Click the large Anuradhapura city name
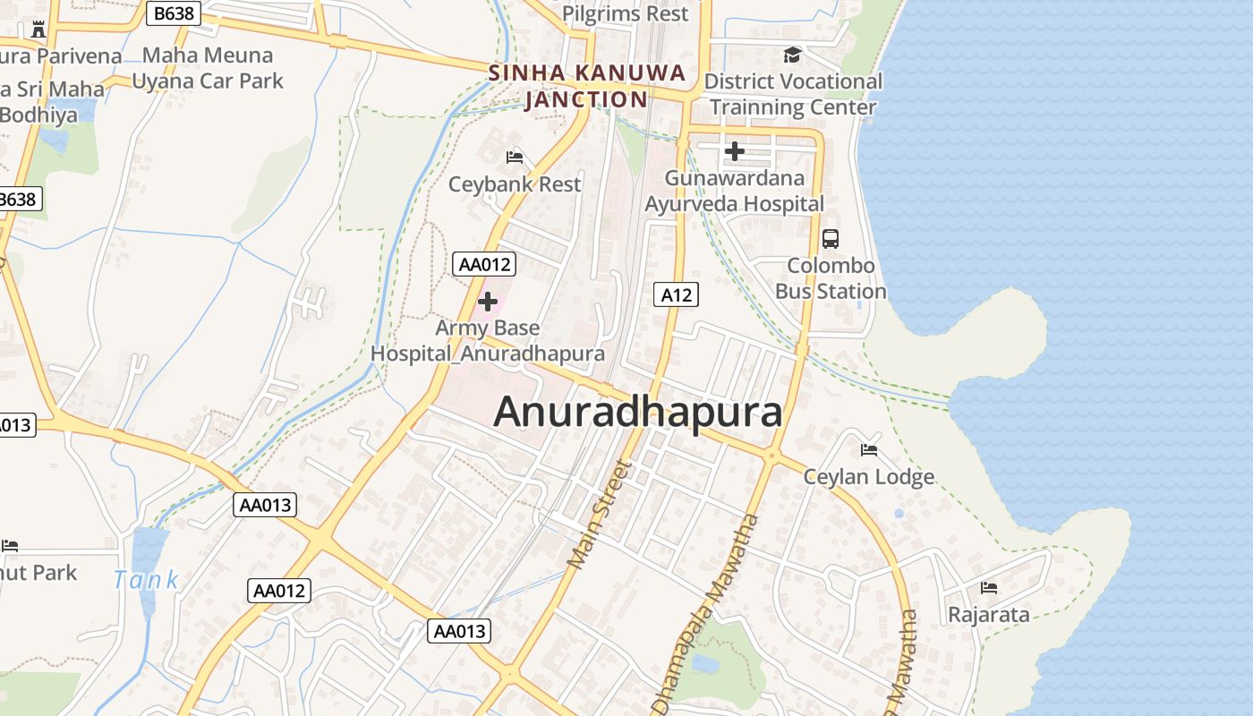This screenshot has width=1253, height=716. point(637,413)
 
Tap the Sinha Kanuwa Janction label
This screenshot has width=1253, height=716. point(587,86)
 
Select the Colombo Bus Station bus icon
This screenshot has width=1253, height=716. point(831,239)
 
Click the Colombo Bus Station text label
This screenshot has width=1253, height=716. point(831,279)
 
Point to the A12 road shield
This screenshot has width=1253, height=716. point(675,294)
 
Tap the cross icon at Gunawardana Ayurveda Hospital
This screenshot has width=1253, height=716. point(735,151)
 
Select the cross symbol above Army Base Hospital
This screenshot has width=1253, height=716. point(488,302)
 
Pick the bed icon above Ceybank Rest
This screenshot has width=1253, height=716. point(515,158)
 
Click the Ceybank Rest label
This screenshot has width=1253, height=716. point(515,184)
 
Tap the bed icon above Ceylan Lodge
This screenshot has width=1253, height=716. point(868,449)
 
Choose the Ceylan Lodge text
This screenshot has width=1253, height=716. point(868,477)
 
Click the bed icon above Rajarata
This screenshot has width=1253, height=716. point(989,588)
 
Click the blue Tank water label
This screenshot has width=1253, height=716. point(146,580)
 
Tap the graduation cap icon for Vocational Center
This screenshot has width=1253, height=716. point(792,55)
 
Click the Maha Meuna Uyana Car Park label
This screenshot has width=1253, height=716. point(208,68)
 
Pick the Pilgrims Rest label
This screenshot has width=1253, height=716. point(626,14)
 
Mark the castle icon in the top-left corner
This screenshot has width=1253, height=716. point(38,30)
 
